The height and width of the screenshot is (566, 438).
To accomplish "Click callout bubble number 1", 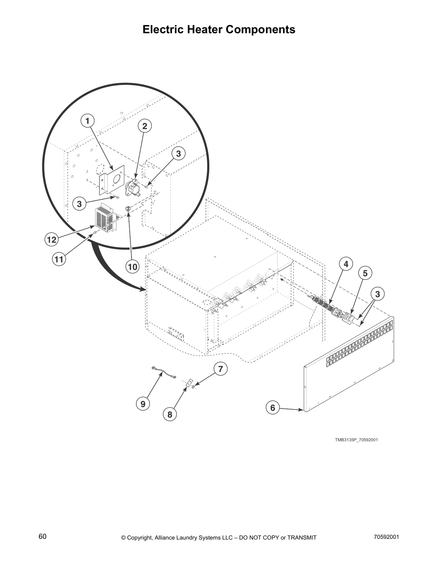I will (87, 121).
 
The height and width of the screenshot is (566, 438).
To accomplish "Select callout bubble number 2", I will (145, 126).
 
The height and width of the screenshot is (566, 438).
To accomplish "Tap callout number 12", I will (52, 239).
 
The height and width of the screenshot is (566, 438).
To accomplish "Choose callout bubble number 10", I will (132, 267).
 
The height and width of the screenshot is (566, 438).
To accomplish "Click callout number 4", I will (346, 264).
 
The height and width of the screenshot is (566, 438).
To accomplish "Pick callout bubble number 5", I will (365, 273).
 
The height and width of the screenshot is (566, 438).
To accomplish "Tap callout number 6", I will (273, 407).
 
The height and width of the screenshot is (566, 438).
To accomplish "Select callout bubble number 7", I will (220, 369).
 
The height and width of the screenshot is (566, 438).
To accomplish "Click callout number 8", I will (170, 414).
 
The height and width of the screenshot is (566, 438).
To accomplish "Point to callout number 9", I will (143, 404).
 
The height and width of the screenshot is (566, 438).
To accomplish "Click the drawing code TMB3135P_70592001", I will (356, 440).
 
